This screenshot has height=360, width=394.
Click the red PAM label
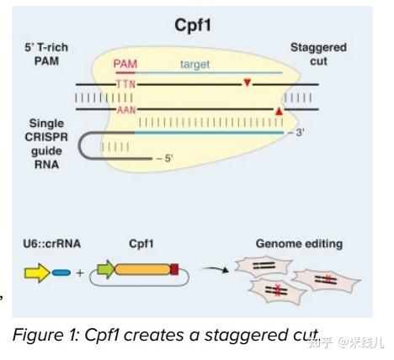(125, 64)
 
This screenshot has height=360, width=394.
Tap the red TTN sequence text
(125, 84)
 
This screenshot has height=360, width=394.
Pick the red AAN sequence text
(125, 109)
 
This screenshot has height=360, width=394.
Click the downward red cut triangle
(247, 83)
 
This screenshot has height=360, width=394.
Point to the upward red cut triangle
(279, 110)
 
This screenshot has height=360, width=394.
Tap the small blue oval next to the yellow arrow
(61, 273)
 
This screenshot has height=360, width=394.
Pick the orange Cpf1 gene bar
(144, 271)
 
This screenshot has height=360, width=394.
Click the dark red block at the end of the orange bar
(175, 271)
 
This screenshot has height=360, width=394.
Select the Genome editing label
(299, 245)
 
